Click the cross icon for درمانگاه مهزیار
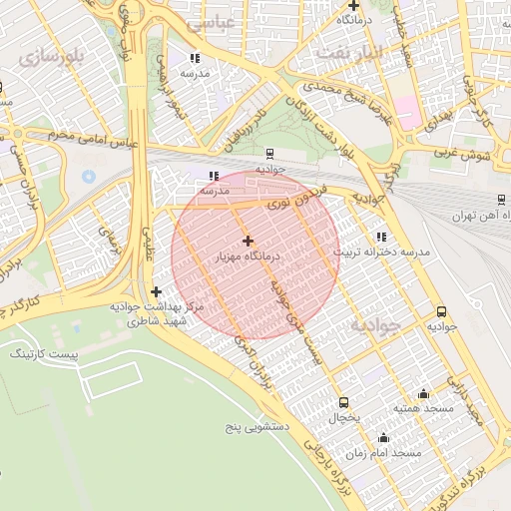(x=248, y=241)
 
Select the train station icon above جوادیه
(x=269, y=154)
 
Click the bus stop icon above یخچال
(x=344, y=402)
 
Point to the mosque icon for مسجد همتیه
(x=423, y=393)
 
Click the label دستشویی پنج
(x=256, y=427)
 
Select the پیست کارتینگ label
(x=38, y=354)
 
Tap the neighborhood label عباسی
(x=238, y=20)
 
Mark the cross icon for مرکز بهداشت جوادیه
(x=156, y=291)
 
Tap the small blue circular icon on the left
(x=88, y=176)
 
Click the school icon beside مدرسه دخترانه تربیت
(x=380, y=237)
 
